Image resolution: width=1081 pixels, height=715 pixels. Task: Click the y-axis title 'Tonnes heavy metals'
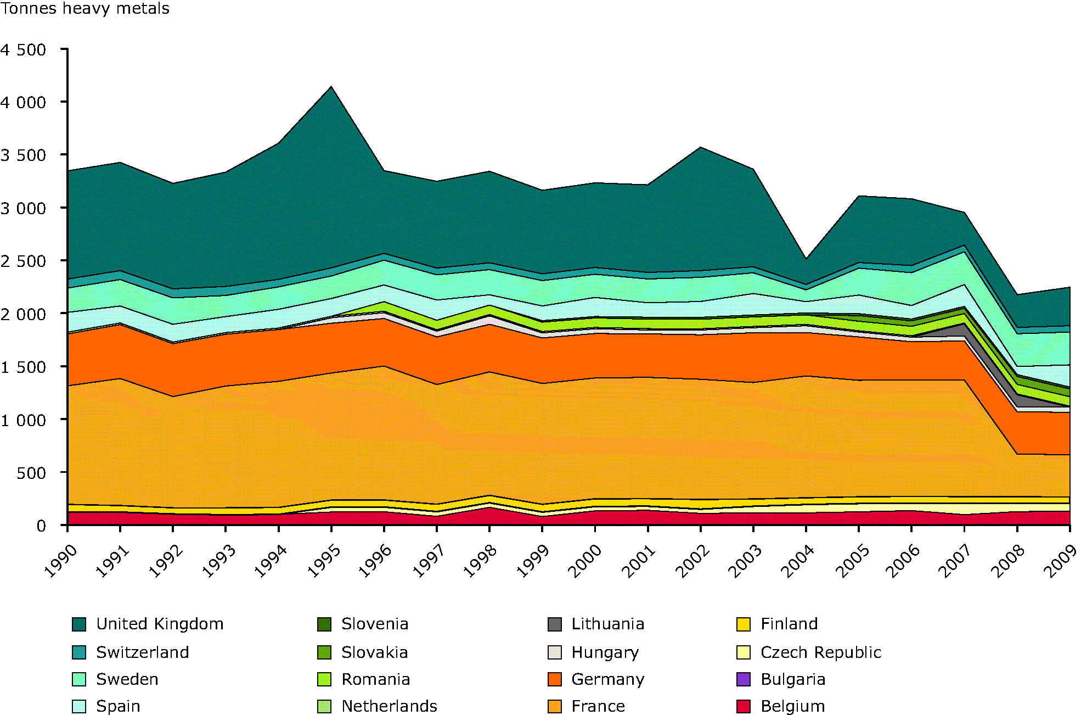click(85, 9)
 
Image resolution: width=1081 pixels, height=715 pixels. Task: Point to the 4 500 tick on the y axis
click(24, 50)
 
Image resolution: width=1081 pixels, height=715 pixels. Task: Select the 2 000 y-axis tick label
click(24, 314)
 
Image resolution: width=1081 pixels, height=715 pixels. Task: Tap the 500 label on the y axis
click(31, 473)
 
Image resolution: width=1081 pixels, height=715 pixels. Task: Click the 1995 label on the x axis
click(323, 561)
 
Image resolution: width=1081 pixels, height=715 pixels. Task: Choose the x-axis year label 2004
click(797, 561)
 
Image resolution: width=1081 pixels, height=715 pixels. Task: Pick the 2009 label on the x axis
click(1061, 561)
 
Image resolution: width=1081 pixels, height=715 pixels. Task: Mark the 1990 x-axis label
click(60, 561)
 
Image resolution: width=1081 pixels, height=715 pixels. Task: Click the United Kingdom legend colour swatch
click(79, 624)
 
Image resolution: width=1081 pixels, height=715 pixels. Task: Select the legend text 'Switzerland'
click(143, 652)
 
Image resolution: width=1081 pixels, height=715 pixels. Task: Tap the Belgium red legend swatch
click(744, 706)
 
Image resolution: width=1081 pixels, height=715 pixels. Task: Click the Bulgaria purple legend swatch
click(744, 679)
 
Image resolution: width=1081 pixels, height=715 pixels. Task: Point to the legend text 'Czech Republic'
click(821, 652)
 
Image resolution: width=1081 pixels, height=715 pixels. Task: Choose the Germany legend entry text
click(608, 679)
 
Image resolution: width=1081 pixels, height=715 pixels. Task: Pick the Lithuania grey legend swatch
click(555, 624)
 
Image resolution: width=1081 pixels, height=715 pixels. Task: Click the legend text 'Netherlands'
click(389, 706)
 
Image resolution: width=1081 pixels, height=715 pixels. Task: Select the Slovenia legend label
click(375, 624)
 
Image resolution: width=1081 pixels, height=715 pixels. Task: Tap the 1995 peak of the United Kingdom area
click(331, 87)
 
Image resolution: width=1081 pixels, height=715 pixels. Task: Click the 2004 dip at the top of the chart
click(806, 259)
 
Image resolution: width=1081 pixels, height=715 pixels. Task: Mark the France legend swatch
click(555, 706)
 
